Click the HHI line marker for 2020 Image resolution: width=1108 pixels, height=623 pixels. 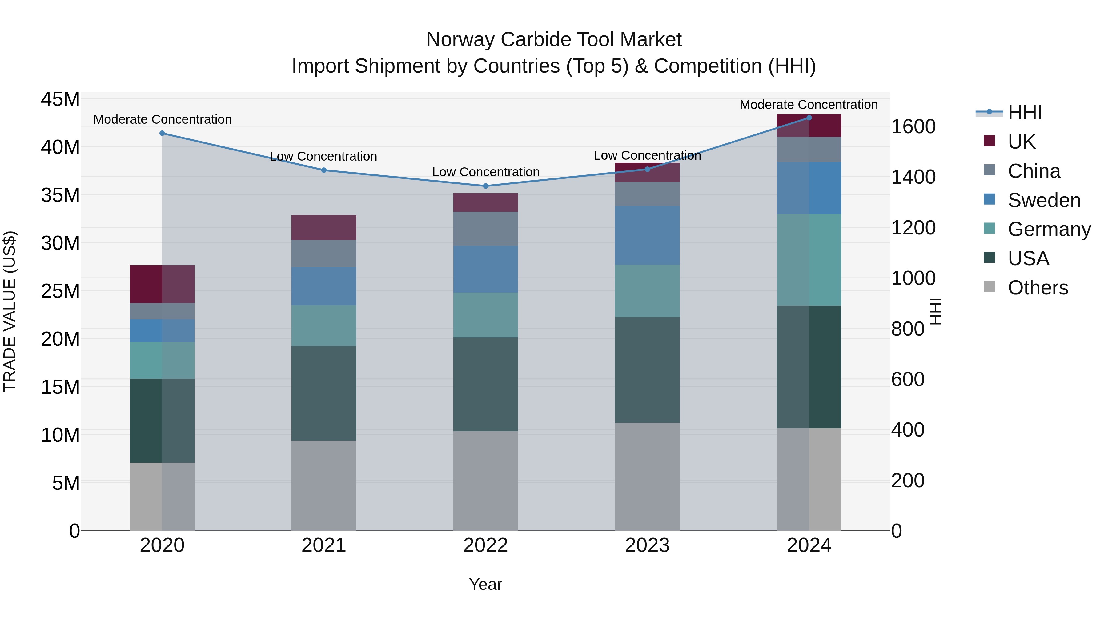[x=162, y=133]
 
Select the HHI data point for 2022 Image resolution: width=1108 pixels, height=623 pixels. [x=486, y=186]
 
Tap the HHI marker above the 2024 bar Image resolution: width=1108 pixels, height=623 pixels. [x=809, y=118]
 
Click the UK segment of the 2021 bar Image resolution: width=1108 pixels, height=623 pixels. [x=324, y=227]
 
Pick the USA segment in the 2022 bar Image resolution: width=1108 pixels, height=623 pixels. [x=486, y=384]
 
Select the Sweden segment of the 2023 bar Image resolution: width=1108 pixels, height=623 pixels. [x=647, y=235]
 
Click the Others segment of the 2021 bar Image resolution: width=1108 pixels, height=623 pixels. [x=324, y=485]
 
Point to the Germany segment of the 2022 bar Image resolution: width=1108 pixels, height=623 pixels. [x=486, y=315]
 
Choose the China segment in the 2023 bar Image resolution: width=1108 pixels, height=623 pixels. [x=647, y=194]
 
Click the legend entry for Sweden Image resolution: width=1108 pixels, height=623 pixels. [x=1044, y=200]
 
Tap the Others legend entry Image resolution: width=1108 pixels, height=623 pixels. [x=1038, y=288]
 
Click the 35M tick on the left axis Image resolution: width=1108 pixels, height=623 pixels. [x=60, y=195]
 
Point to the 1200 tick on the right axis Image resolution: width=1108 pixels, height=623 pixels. [x=913, y=228]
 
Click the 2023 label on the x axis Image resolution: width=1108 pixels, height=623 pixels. [x=647, y=545]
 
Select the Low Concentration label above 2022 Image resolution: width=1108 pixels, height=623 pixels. [x=486, y=172]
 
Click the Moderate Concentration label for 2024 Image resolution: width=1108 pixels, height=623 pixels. [x=809, y=105]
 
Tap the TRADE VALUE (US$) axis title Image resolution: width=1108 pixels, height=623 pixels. [x=10, y=311]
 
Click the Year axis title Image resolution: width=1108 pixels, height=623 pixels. [x=486, y=584]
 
